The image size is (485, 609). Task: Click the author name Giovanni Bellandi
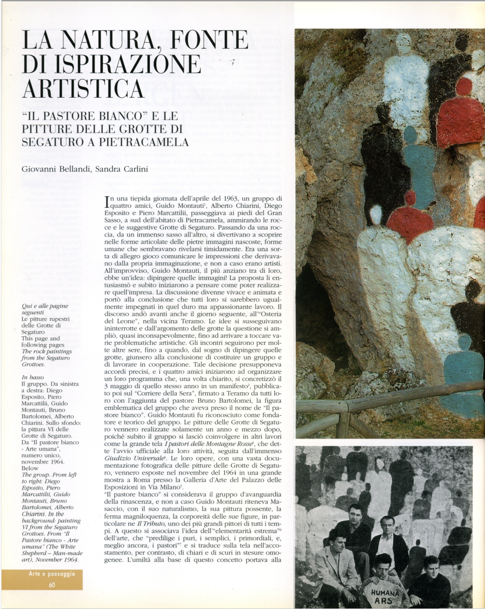[x=54, y=169]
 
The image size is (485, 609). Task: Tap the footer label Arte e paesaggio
[x=52, y=574]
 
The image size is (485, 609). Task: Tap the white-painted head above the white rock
[x=376, y=214]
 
